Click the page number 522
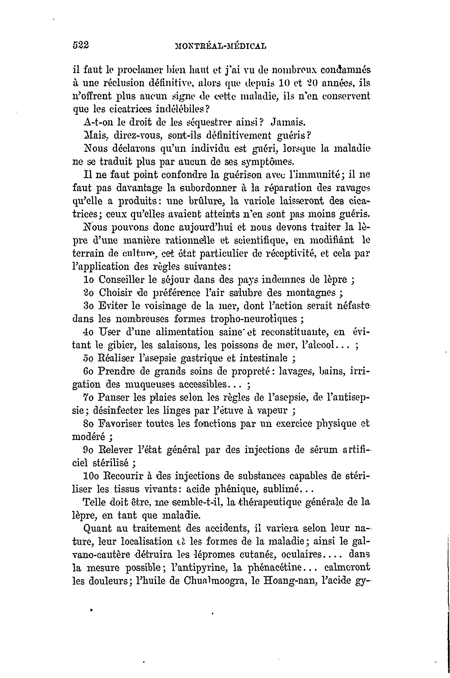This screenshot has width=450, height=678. pos(81,45)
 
